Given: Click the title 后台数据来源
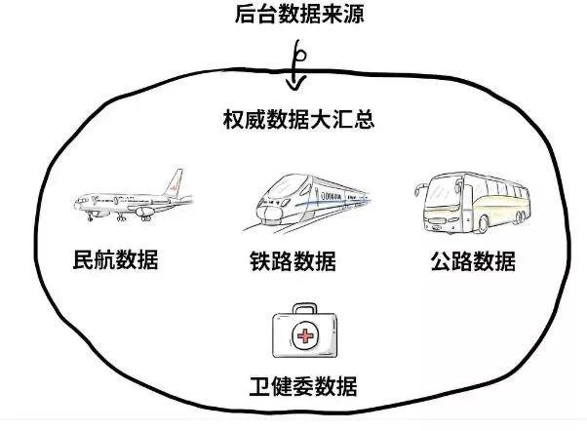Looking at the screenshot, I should point(293,15).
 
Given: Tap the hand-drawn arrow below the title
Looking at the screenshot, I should point(295,65).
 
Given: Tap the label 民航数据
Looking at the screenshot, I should point(116,260).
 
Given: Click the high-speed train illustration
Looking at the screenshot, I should point(302,200).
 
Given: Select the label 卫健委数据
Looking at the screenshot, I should point(302,386).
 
